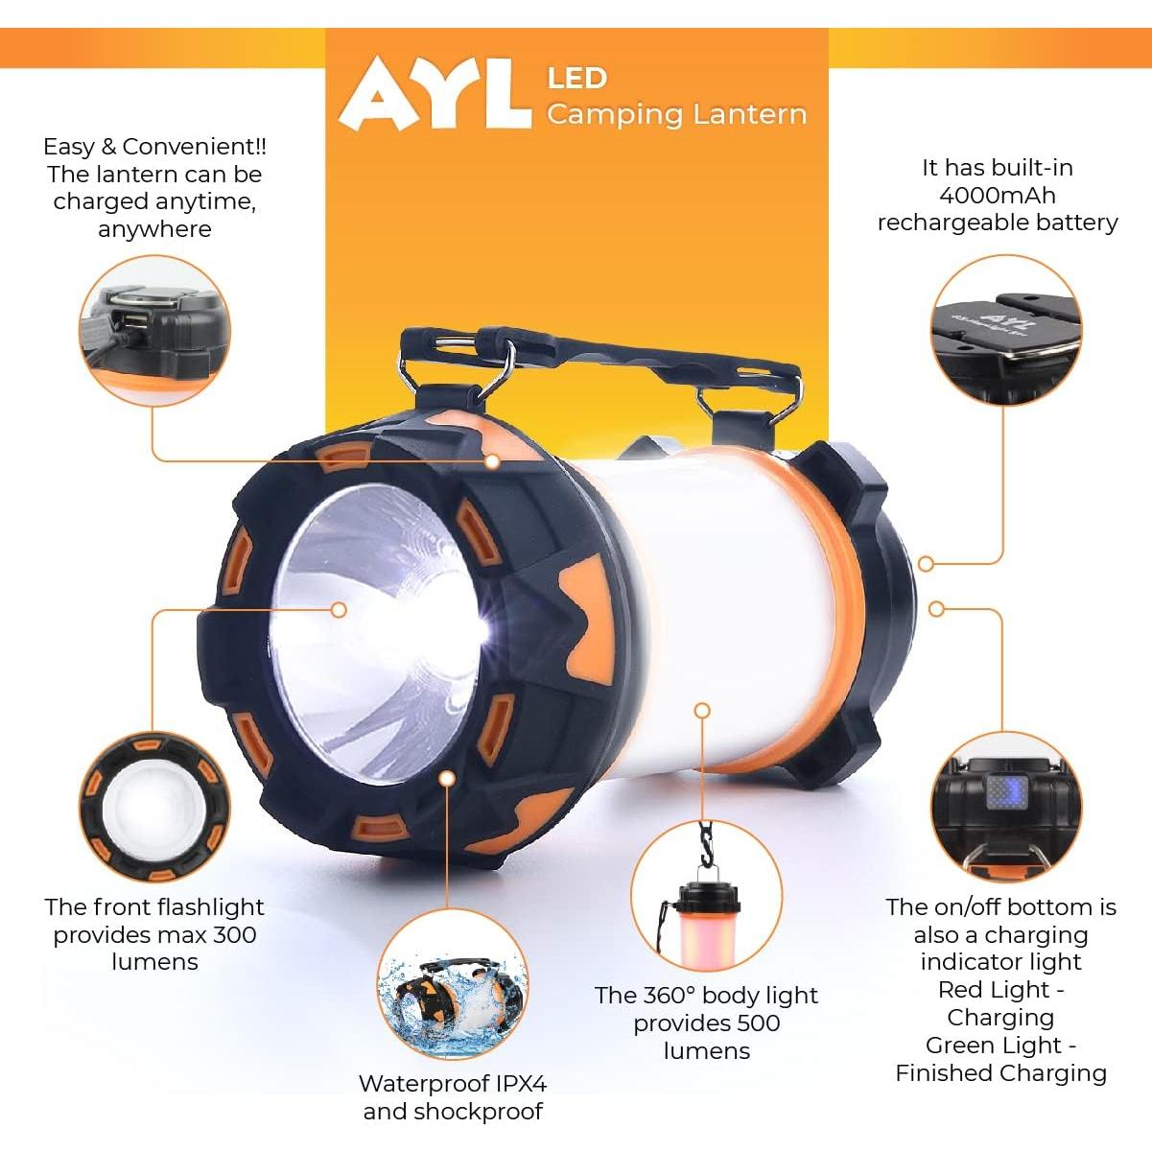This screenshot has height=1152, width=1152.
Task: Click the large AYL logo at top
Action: (435, 94)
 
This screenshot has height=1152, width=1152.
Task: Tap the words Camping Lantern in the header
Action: (676, 114)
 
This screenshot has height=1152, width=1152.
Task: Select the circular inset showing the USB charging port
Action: (154, 330)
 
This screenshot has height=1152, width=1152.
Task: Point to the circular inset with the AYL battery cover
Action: (1006, 329)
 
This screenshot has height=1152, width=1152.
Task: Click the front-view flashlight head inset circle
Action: (154, 808)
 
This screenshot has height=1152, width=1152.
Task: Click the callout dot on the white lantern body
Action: (702, 711)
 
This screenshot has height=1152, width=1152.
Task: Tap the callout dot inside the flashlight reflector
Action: (339, 609)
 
